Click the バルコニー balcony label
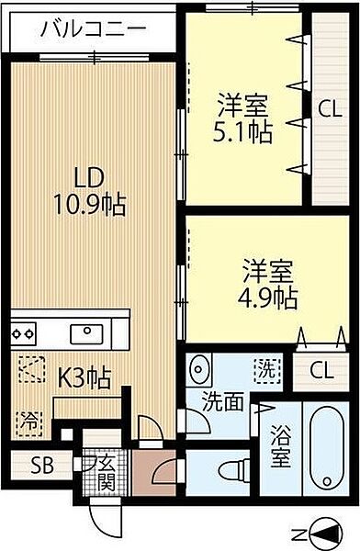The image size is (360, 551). click(x=92, y=31)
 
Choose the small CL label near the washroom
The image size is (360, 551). click(x=321, y=371)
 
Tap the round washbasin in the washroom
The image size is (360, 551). click(x=201, y=372)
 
